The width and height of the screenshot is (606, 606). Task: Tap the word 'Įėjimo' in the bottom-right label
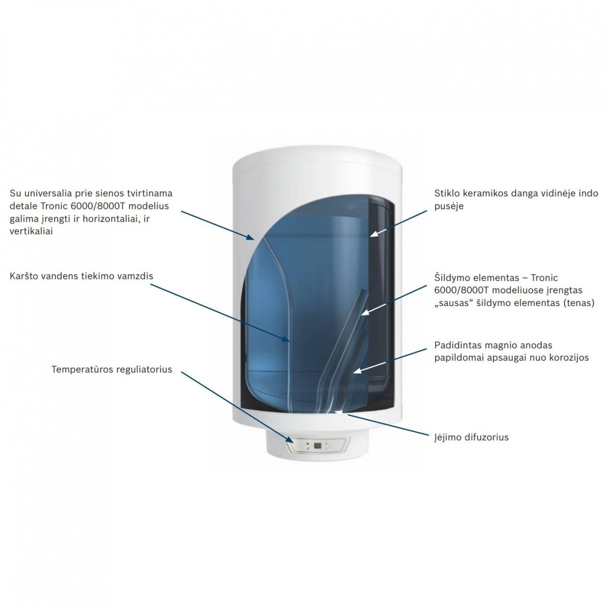pyautogui.click(x=446, y=438)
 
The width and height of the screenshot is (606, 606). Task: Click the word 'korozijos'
pyautogui.click(x=570, y=358)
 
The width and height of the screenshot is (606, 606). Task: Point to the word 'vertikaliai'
pyautogui.click(x=31, y=231)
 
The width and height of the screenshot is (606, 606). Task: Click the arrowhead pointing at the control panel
pyautogui.click(x=290, y=439)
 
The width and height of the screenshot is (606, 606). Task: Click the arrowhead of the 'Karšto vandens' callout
pyautogui.click(x=286, y=339)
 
